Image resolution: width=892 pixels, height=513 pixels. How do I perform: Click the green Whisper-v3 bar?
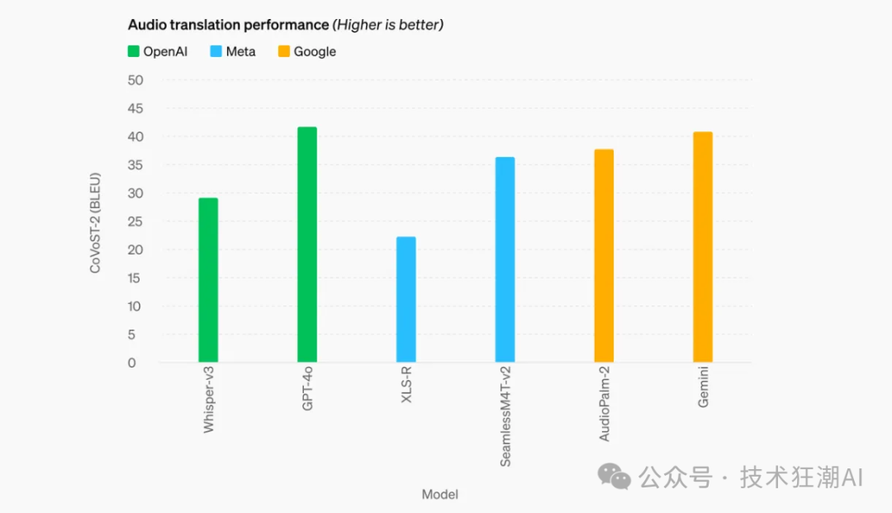(x=208, y=280)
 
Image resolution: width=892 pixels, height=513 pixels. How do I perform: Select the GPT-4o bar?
(x=307, y=245)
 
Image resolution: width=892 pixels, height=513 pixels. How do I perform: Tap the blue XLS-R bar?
(x=406, y=299)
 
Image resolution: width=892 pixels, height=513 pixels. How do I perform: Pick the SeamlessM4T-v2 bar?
(x=505, y=259)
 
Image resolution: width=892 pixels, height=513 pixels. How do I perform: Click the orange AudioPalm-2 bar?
(x=604, y=255)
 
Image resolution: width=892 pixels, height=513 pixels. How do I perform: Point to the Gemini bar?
(x=703, y=247)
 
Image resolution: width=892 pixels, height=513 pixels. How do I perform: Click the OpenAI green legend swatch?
(x=133, y=51)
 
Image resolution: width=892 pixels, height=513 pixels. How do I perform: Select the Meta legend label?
(x=240, y=51)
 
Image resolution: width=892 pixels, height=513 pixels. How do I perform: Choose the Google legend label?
(x=315, y=51)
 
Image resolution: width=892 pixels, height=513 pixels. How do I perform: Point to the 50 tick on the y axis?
(x=135, y=80)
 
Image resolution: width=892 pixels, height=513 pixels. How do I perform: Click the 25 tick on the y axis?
(x=135, y=221)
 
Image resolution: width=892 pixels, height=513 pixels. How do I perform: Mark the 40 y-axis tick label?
(x=135, y=136)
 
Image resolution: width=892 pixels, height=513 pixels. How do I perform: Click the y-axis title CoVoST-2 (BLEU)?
(x=96, y=221)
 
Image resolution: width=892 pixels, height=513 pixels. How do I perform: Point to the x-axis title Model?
(x=439, y=494)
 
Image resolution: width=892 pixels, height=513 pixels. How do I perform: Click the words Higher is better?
(x=387, y=25)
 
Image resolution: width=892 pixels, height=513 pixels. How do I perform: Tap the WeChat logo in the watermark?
(x=614, y=476)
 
